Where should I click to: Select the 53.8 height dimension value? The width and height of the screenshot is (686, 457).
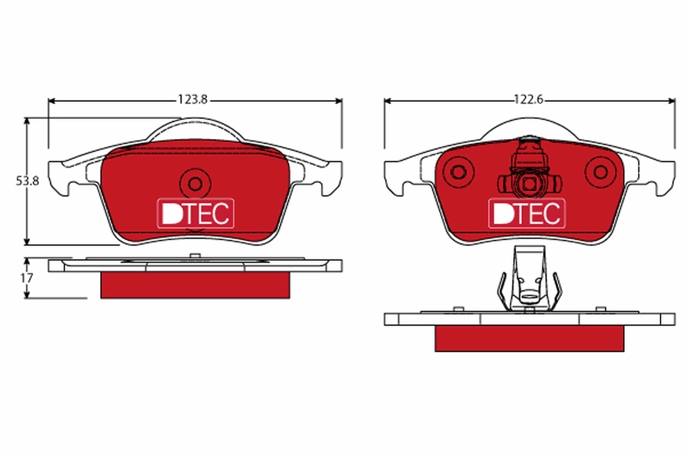pyautogui.click(x=27, y=181)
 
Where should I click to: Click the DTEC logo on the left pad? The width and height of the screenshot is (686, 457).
pyautogui.click(x=195, y=213)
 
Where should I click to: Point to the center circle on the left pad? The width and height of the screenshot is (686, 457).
pyautogui.click(x=195, y=183)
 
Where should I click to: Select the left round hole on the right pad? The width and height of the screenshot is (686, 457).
pyautogui.click(x=458, y=171)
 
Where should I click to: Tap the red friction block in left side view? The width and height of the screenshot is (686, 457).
pyautogui.click(x=195, y=284)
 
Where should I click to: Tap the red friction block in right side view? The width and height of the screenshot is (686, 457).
pyautogui.click(x=529, y=338)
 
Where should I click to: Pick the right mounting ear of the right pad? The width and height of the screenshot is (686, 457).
pyautogui.click(x=665, y=176)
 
